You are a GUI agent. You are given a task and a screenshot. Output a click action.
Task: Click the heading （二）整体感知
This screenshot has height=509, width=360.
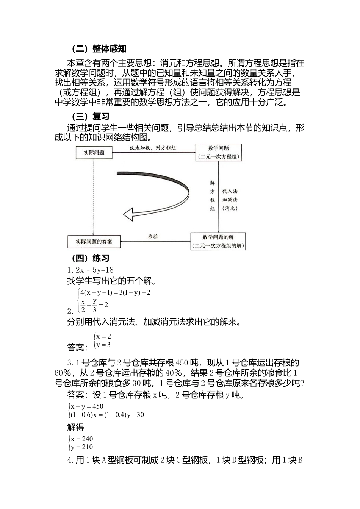(x=99, y=49)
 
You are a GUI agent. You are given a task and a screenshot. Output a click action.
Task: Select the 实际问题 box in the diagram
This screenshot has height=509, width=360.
(x=94, y=152)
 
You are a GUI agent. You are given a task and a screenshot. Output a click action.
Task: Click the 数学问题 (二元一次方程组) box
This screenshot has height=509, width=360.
(x=219, y=152)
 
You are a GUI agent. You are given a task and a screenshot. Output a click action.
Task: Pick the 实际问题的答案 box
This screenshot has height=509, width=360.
(x=94, y=241)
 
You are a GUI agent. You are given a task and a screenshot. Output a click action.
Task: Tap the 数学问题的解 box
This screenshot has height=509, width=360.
(x=218, y=241)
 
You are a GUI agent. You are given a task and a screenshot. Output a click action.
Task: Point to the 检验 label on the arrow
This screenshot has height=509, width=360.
(x=153, y=236)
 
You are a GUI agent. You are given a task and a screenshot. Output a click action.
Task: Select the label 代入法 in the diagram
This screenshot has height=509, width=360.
(x=230, y=191)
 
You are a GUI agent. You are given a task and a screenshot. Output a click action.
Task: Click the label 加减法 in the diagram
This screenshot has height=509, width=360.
(x=230, y=200)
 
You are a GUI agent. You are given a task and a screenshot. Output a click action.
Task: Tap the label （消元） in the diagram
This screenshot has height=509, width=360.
(x=230, y=208)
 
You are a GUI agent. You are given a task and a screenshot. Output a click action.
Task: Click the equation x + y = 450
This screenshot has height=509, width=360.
(x=87, y=406)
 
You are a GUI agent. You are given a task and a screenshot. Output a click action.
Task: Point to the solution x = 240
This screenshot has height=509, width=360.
(x=81, y=439)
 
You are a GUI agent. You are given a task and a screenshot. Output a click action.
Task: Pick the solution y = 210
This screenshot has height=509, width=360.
(x=81, y=447)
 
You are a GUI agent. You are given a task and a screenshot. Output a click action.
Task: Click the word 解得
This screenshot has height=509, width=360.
(x=75, y=428)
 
